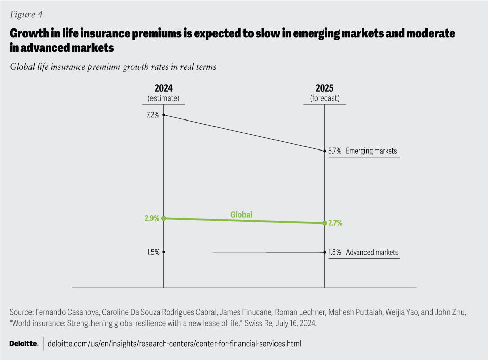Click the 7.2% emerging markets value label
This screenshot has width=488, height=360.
[153, 115]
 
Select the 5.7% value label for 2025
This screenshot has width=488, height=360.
[335, 151]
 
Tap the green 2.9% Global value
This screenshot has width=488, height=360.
[152, 218]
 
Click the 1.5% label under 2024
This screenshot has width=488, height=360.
[153, 252]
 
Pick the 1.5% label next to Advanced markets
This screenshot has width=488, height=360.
[335, 252]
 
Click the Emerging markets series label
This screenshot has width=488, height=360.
[371, 151]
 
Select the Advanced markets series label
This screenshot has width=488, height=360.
[372, 252]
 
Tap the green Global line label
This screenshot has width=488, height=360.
[241, 215]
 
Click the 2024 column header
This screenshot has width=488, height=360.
[163, 88]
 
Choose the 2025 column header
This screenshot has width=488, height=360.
[325, 88]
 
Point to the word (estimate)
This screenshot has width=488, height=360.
[163, 98]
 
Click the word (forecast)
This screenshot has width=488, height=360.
[325, 98]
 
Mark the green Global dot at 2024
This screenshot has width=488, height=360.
[163, 218]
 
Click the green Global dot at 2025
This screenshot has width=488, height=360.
[325, 223]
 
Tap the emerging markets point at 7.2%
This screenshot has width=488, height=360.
[163, 115]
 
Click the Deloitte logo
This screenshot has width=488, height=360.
[24, 344]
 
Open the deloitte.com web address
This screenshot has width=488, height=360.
[174, 344]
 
